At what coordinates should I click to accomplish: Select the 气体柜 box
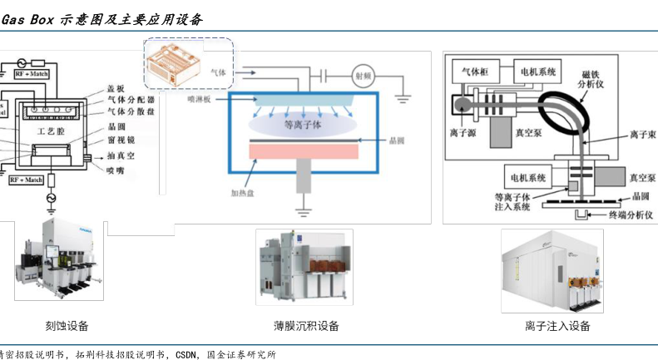(x=480, y=72)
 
